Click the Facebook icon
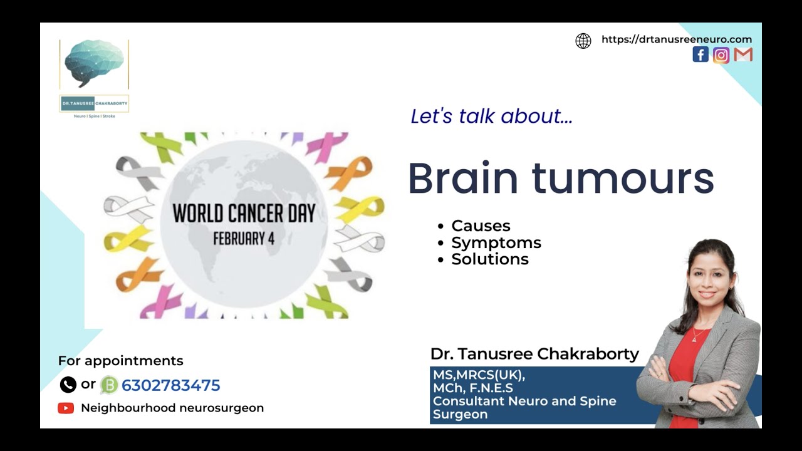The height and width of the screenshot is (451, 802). pyautogui.click(x=700, y=54)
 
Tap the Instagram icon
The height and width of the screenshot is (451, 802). pyautogui.click(x=721, y=55)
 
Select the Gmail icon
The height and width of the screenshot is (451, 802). pyautogui.click(x=743, y=55)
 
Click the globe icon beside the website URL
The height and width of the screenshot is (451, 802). pyautogui.click(x=583, y=41)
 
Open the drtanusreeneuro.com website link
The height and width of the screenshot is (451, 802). pyautogui.click(x=676, y=39)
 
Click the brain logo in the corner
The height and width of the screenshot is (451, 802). pyautogui.click(x=94, y=63)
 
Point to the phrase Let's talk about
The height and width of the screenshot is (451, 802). pyautogui.click(x=491, y=116)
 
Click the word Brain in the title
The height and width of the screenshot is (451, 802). pyautogui.click(x=463, y=179)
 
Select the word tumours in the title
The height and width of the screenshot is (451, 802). pyautogui.click(x=623, y=179)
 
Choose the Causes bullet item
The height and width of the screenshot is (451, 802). pyautogui.click(x=481, y=225)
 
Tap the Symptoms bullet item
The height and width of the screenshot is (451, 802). pyautogui.click(x=496, y=242)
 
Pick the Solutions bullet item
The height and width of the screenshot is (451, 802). pyautogui.click(x=489, y=259)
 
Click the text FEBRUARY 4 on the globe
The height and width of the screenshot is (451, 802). pyautogui.click(x=244, y=239)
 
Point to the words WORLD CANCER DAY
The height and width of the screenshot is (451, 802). pyautogui.click(x=244, y=214)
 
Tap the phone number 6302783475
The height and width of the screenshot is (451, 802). pyautogui.click(x=170, y=385)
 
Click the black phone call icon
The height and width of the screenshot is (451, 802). pyautogui.click(x=68, y=385)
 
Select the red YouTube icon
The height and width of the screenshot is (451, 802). pyautogui.click(x=66, y=408)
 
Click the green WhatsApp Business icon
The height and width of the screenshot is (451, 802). pyautogui.click(x=109, y=385)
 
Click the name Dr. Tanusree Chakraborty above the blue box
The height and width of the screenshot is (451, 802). pyautogui.click(x=534, y=354)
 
